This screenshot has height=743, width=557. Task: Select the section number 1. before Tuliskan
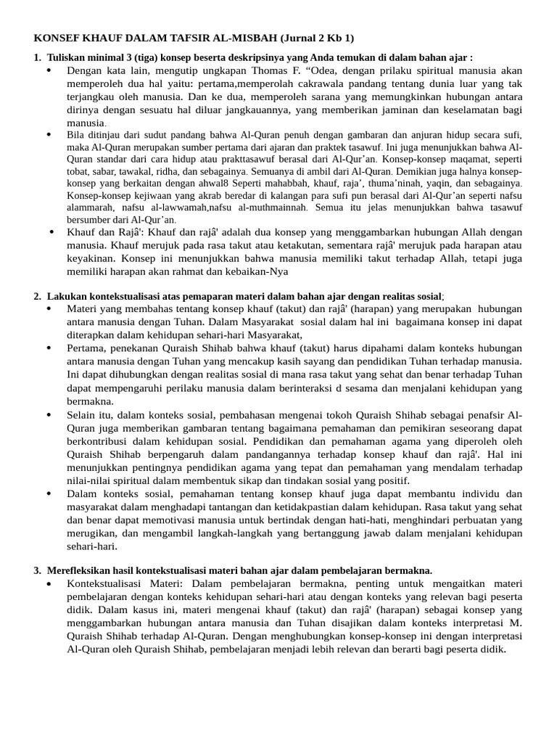(x=38, y=57)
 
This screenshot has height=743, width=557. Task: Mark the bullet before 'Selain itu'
(x=49, y=415)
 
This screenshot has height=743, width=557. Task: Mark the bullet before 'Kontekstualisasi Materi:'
(x=49, y=584)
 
